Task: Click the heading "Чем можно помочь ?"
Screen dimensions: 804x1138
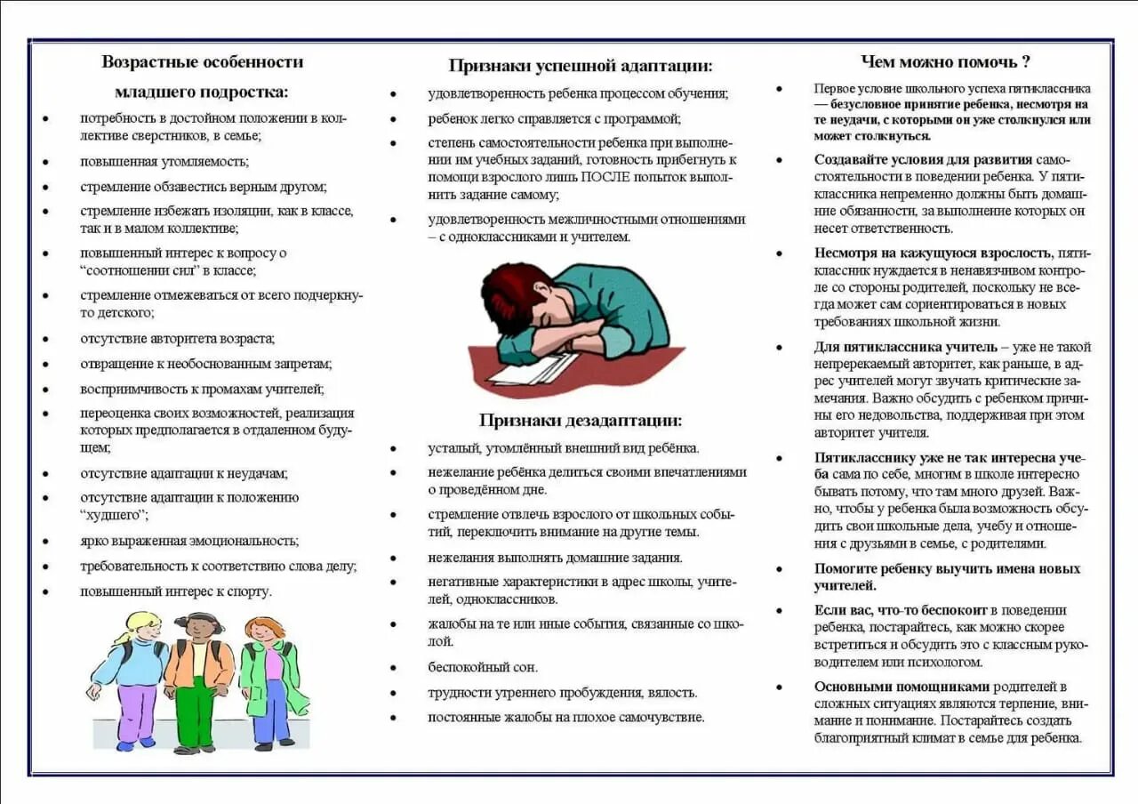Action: pos(946,61)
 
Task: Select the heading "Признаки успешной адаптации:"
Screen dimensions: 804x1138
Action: pos(581,65)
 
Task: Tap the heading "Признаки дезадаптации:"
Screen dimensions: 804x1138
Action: pos(581,420)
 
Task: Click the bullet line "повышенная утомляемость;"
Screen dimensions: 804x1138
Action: pos(164,162)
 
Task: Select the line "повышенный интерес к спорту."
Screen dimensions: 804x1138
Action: pos(176,591)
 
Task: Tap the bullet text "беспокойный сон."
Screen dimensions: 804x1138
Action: pos(483,667)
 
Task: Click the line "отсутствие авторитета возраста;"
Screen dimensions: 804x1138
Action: pos(178,338)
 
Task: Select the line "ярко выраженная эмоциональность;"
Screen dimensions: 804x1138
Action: pos(189,541)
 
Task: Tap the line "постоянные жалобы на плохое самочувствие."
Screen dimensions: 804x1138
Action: pos(565,717)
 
